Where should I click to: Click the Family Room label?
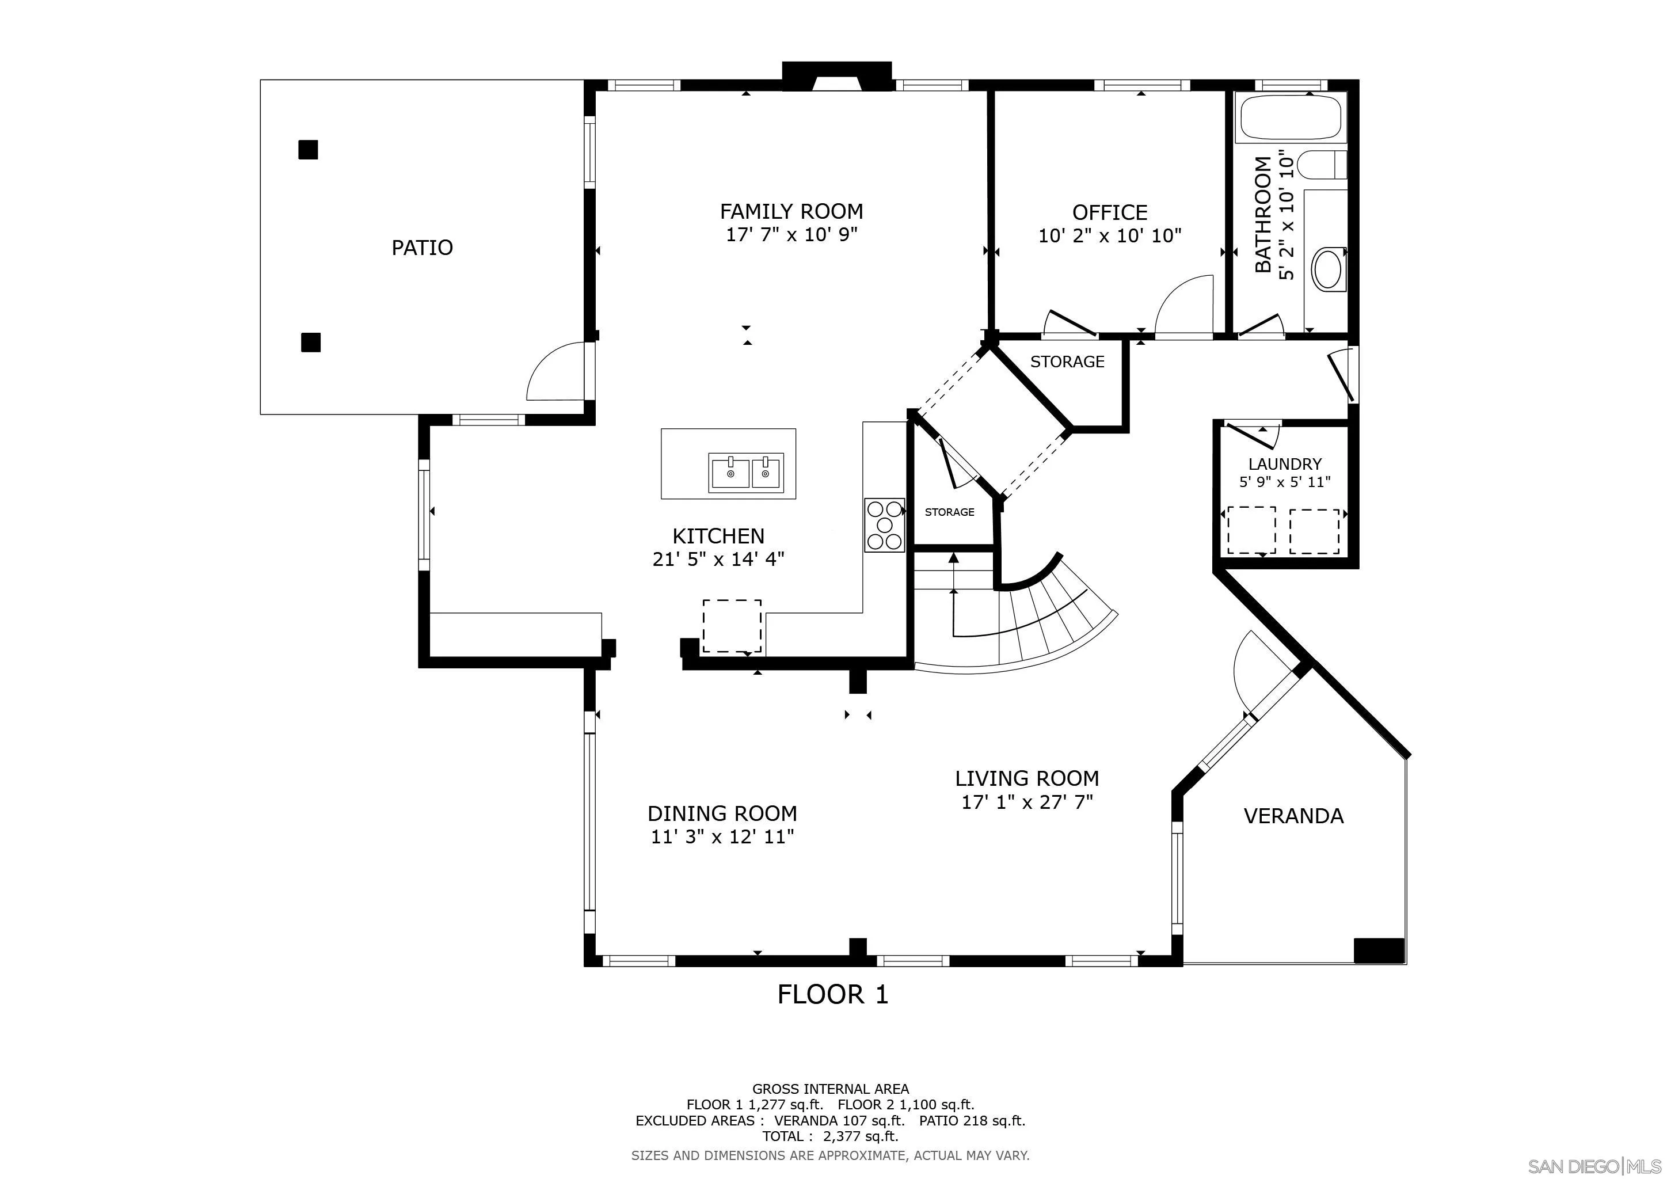tap(791, 211)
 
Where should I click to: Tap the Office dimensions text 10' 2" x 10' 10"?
tap(1110, 235)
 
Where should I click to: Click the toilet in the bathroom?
tap(1322, 164)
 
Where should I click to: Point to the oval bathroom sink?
tap(1329, 269)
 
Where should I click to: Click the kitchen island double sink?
tap(747, 473)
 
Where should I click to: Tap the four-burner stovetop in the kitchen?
tap(884, 525)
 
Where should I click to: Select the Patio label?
tap(422, 248)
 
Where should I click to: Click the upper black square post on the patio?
tap(309, 150)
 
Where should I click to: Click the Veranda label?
tap(1294, 816)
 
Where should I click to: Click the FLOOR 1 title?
tap(833, 994)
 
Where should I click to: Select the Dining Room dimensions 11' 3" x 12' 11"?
tap(722, 837)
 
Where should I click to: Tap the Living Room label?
tap(1027, 778)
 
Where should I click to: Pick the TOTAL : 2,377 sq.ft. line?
tap(831, 1136)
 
